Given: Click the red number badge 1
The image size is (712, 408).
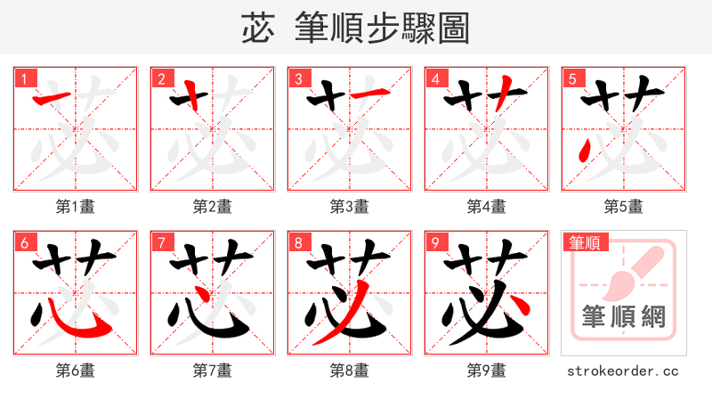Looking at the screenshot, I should point(23,78).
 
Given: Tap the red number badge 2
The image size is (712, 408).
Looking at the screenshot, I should point(160,78).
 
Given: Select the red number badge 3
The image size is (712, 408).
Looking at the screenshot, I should point(297,78).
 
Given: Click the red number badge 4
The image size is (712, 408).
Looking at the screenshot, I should point(434,78).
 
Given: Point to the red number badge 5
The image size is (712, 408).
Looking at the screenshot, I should point(571,78).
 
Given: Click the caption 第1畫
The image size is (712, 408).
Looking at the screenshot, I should point(76,207).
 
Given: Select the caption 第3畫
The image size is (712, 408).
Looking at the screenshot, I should point(350,207).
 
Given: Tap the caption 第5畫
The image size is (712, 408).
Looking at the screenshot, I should point(624,207).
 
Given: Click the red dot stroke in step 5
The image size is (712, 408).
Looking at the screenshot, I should point(583,156).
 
